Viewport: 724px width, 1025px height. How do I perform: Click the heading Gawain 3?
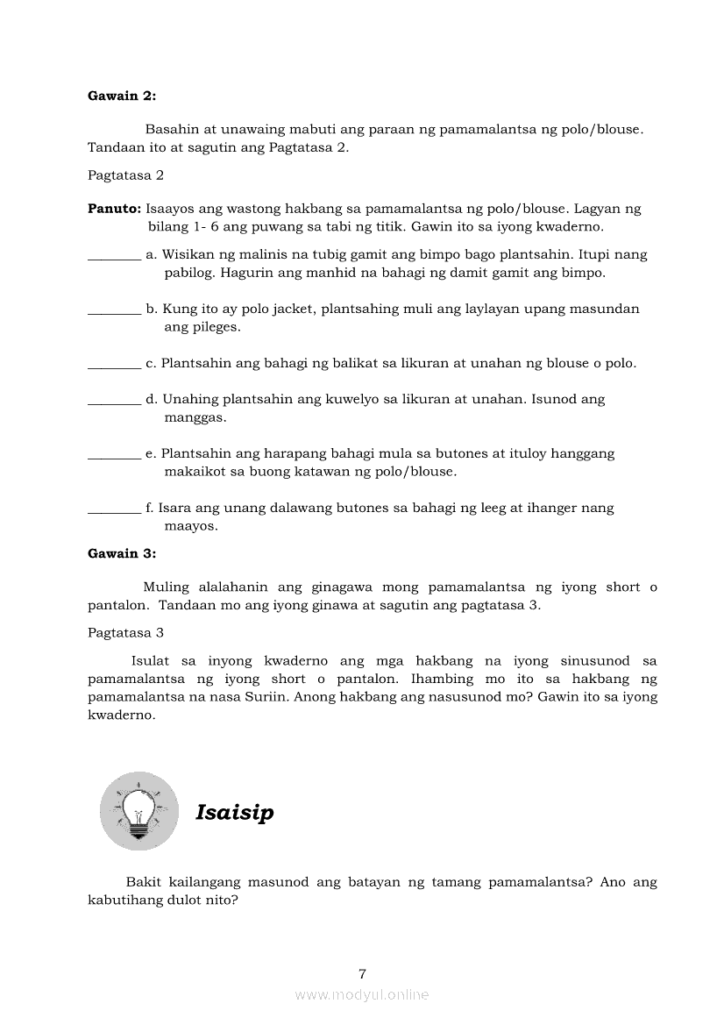122,553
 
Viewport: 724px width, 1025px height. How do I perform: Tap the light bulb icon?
139,811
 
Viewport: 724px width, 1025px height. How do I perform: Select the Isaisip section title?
234,813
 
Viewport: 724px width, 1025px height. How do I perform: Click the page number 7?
362,973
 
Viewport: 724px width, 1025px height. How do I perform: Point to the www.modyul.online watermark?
362,994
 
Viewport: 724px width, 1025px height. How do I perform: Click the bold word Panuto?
114,209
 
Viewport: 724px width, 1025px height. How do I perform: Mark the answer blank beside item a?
114,256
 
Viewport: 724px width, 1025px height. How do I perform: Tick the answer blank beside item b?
114,310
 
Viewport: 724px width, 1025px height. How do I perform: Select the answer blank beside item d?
114,401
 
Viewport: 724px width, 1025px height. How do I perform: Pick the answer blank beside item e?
114,455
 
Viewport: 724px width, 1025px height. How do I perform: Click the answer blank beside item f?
114,509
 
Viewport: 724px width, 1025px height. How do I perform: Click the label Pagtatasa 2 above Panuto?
125,175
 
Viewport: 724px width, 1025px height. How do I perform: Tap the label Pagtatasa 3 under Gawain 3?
125,632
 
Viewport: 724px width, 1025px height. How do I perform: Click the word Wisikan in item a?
187,254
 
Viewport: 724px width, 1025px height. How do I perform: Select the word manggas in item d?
195,417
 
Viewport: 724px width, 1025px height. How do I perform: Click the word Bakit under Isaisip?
143,882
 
